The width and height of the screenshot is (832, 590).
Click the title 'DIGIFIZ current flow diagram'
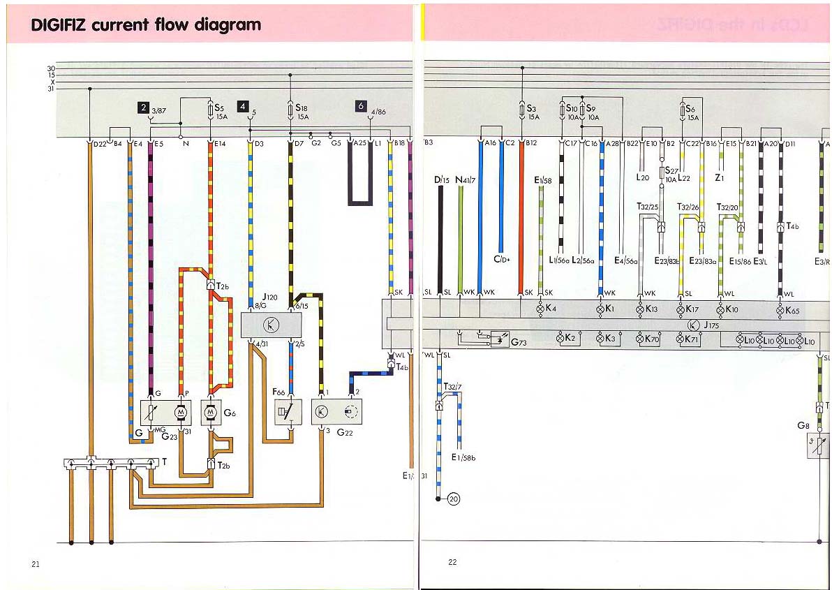[146, 26]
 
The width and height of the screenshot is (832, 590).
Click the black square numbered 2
[143, 108]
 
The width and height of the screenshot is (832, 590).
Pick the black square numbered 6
[361, 106]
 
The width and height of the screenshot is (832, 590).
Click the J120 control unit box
[271, 325]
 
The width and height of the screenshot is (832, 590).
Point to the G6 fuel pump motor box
[211, 413]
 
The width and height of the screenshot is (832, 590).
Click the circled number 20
[454, 499]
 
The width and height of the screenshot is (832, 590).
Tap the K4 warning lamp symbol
[540, 308]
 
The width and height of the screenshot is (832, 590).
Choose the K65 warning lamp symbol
[780, 309]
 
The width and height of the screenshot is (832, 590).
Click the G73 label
[519, 343]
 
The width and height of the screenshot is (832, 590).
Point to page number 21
[35, 563]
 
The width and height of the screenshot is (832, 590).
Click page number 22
[452, 561]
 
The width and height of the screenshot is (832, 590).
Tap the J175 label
[711, 325]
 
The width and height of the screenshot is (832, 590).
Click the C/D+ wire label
[502, 260]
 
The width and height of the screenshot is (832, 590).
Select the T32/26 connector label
[688, 207]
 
